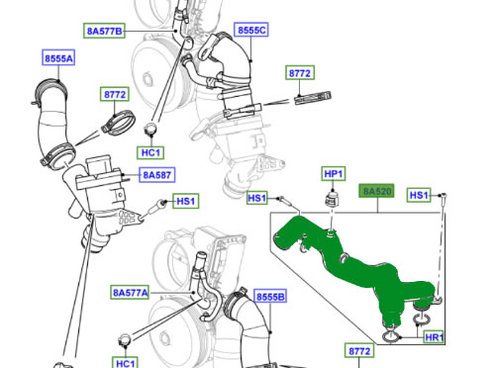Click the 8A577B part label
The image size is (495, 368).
coord(104,31)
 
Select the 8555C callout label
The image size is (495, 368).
coord(251,30)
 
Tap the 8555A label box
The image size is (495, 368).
coord(58,58)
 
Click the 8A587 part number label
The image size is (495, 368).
coord(156,175)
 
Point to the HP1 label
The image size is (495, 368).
coord(334,174)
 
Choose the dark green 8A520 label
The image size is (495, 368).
coord(376,191)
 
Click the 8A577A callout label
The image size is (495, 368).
coord(130,292)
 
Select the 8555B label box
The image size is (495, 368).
coord(270,297)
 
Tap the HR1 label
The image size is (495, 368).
coord(434,337)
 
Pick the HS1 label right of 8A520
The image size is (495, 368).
coord(419,195)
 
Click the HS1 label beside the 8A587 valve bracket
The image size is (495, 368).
coord(185,201)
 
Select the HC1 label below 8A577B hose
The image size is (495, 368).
coord(150,152)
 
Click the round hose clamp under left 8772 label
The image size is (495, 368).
coord(118,123)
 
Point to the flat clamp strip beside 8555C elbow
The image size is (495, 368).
coord(313,98)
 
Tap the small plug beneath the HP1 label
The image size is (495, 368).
coord(333,199)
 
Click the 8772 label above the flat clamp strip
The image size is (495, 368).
coord(300,73)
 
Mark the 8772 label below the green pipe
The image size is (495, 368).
coord(359,351)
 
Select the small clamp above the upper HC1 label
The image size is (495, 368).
coord(151,129)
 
